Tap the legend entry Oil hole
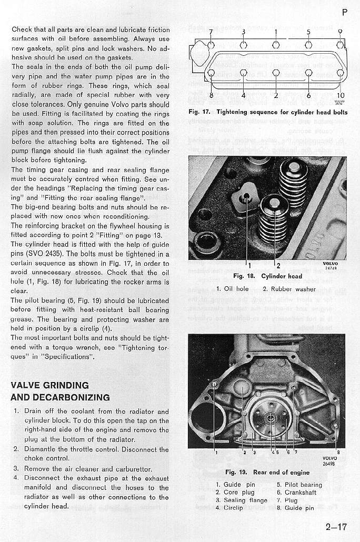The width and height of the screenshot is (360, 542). (x=235, y=288)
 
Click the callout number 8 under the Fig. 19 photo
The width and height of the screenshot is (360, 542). (x=338, y=451)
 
